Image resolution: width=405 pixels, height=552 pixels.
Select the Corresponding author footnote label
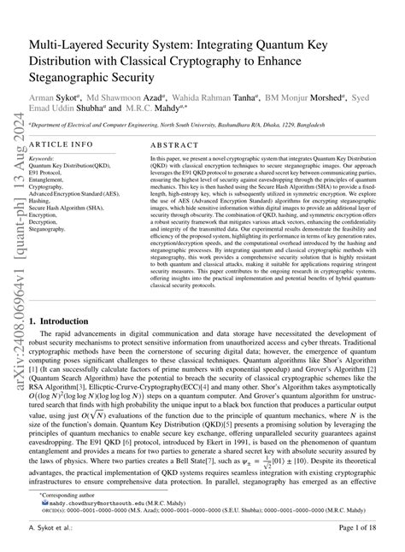pos(65,496)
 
